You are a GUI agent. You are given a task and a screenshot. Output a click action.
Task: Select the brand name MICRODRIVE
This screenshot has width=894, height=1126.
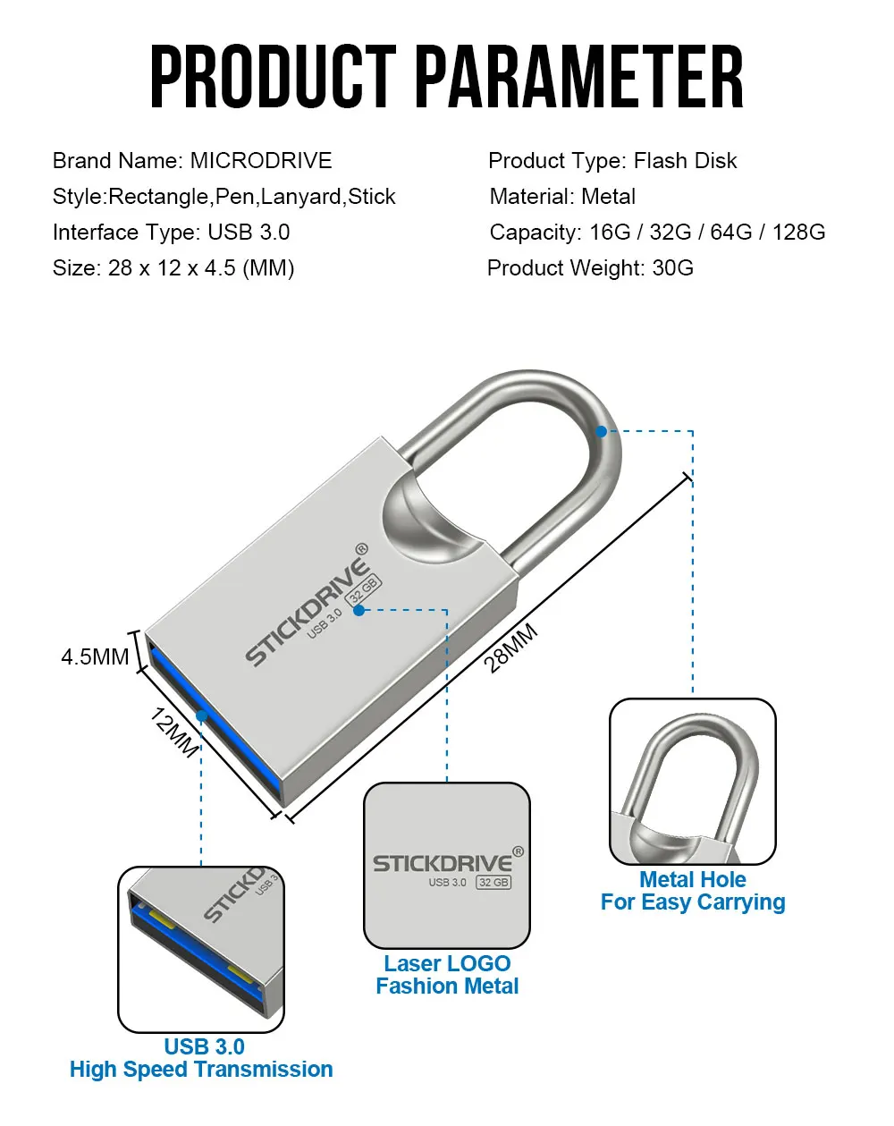(260, 160)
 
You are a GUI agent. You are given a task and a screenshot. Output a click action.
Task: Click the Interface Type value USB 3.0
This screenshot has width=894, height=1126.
(249, 232)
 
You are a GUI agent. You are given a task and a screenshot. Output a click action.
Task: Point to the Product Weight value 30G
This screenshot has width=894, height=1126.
(672, 267)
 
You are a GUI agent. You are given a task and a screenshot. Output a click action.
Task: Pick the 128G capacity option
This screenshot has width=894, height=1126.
(798, 232)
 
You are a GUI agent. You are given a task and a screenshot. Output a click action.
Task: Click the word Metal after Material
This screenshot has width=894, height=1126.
(608, 196)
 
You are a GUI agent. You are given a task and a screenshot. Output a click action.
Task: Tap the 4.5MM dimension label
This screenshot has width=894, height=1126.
(95, 656)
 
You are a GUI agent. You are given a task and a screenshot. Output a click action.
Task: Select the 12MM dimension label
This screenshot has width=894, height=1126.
(174, 732)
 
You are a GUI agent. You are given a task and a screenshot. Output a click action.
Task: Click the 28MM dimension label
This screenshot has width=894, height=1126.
(510, 648)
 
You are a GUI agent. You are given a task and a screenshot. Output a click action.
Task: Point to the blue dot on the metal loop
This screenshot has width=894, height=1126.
(601, 431)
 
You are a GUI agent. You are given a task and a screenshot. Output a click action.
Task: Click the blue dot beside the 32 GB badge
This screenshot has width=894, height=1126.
(358, 610)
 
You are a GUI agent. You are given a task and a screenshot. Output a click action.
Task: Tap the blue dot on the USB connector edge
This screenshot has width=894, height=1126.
(201, 715)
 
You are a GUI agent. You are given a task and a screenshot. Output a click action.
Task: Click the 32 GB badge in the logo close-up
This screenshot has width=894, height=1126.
(493, 882)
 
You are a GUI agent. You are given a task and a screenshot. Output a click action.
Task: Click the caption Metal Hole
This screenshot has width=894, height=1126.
(692, 879)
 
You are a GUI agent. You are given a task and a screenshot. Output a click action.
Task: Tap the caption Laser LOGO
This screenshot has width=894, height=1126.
(447, 963)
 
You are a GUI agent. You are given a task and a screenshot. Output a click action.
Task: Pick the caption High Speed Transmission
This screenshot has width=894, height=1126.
(201, 1069)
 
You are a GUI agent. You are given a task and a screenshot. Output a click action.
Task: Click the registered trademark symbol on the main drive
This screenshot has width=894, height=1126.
(361, 549)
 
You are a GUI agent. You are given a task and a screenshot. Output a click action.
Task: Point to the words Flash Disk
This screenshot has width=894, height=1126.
(685, 160)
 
